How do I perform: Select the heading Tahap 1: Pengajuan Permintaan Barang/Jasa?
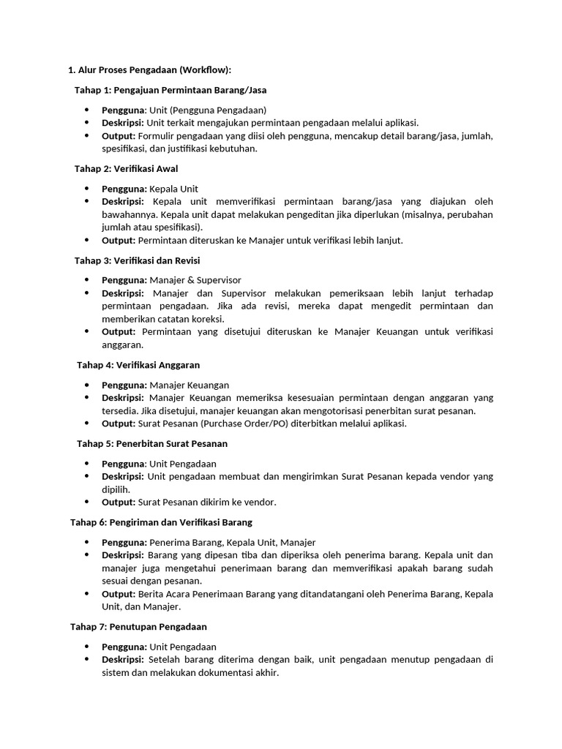pyautogui.click(x=171, y=90)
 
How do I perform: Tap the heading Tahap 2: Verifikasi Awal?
pyautogui.click(x=126, y=168)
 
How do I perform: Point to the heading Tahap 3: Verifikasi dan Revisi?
pyautogui.click(x=137, y=260)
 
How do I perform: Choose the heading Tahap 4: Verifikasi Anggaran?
pyautogui.click(x=138, y=364)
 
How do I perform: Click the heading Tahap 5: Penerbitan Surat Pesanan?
pyautogui.click(x=152, y=443)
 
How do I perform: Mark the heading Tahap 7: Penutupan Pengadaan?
pyautogui.click(x=138, y=627)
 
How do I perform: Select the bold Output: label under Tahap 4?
pyautogui.click(x=119, y=424)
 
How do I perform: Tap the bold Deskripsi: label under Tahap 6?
pyautogui.click(x=123, y=555)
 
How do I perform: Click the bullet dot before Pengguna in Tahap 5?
pyautogui.click(x=86, y=464)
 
